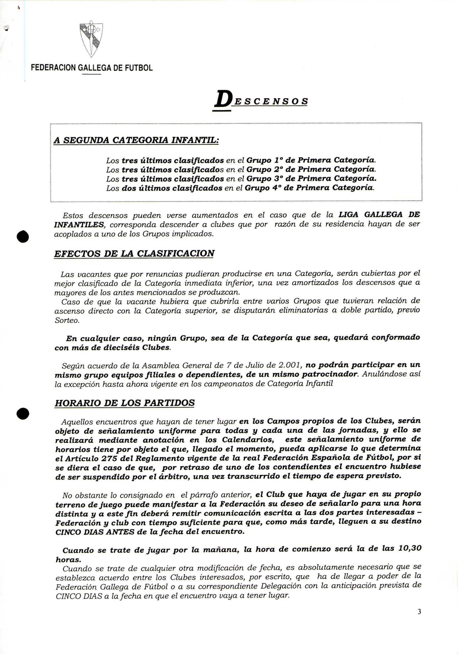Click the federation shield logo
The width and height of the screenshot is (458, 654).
(x=91, y=38)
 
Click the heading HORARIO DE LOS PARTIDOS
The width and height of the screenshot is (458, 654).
(x=125, y=403)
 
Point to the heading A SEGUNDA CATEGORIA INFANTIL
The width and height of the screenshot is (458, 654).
(x=136, y=140)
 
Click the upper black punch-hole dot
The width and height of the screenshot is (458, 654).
(x=23, y=236)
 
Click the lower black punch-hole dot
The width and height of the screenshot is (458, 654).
(x=23, y=414)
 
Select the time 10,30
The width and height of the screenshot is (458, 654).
(x=409, y=549)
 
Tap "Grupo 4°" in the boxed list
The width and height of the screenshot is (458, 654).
(x=262, y=188)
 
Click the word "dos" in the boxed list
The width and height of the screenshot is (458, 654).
(x=129, y=188)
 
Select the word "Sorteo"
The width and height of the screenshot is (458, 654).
(x=67, y=320)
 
